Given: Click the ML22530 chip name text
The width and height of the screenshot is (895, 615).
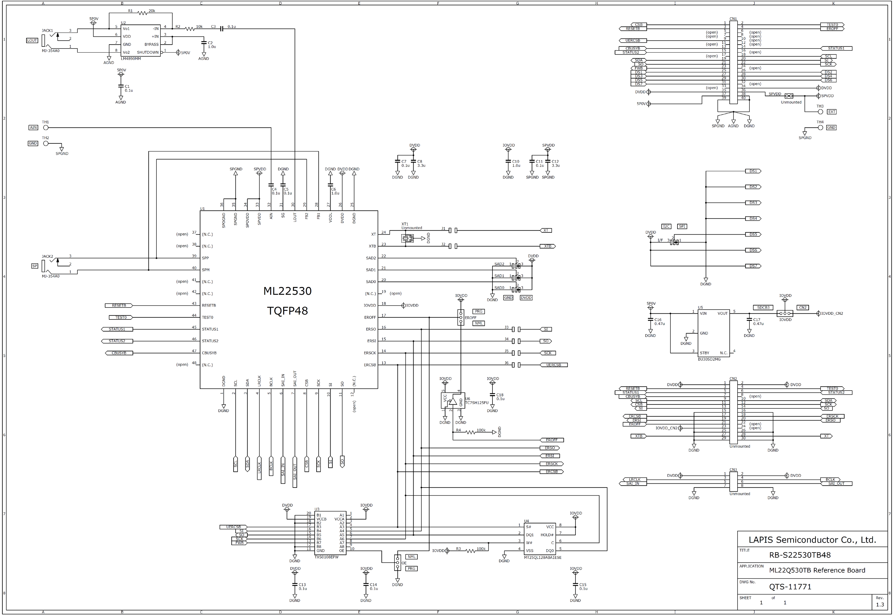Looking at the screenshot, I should pyautogui.click(x=287, y=291).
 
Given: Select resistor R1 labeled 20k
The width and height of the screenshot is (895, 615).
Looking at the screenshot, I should pyautogui.click(x=142, y=13).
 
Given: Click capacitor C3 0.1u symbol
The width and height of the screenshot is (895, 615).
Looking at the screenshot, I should pyautogui.click(x=221, y=29).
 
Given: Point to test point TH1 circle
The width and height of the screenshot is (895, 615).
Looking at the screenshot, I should pyautogui.click(x=46, y=127).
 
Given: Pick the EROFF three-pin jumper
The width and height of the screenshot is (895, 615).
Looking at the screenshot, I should pyautogui.click(x=461, y=318).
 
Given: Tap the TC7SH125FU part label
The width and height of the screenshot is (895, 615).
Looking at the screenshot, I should pyautogui.click(x=477, y=403).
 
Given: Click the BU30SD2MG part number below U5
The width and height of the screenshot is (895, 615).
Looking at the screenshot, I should pyautogui.click(x=709, y=359).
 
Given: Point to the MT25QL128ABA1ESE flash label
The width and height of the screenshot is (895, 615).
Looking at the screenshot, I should pyautogui.click(x=543, y=558).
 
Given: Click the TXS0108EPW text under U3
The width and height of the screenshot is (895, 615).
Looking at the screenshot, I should pyautogui.click(x=326, y=557).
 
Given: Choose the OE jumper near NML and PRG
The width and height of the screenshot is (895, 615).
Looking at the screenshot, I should pyautogui.click(x=398, y=563).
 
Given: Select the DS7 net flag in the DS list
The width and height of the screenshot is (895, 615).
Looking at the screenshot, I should pyautogui.click(x=753, y=266).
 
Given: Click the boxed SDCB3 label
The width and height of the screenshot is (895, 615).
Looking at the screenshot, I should pyautogui.click(x=763, y=307).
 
